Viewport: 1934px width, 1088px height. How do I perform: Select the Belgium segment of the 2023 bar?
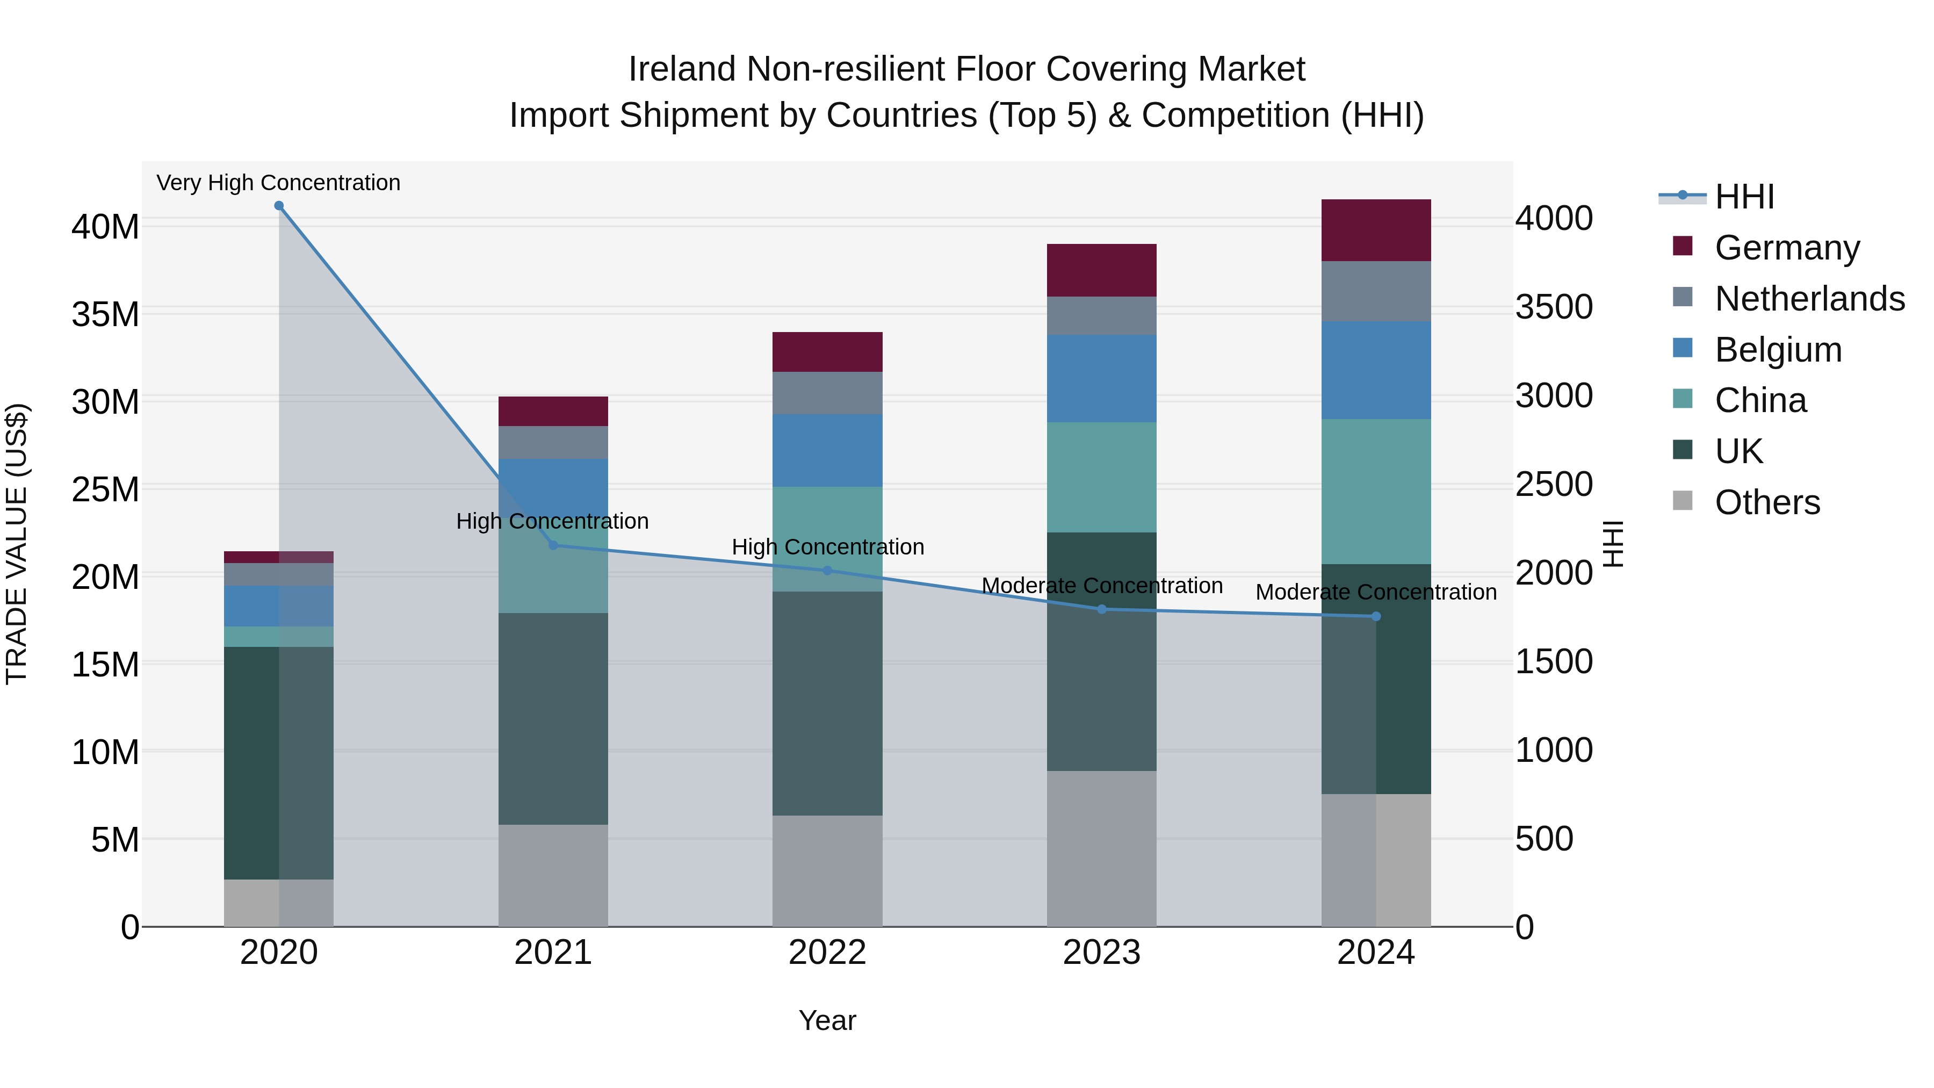(x=1101, y=378)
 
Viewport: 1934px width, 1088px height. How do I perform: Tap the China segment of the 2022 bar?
(x=827, y=518)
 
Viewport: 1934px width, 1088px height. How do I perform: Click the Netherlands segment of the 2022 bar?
(x=827, y=393)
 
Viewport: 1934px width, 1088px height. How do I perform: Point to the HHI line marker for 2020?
(x=278, y=206)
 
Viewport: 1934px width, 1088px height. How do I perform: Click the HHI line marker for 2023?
(x=1101, y=609)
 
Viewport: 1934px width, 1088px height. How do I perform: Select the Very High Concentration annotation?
(x=278, y=183)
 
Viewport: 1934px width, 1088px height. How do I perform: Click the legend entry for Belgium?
(x=1778, y=350)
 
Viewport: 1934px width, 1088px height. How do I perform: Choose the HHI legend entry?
(x=1744, y=197)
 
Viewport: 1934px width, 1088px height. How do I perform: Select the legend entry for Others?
(x=1766, y=502)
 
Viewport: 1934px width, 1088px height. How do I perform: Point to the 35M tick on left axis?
(x=105, y=314)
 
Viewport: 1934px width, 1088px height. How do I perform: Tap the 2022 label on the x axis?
(x=827, y=953)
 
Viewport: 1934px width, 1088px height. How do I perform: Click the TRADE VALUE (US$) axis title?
(x=17, y=544)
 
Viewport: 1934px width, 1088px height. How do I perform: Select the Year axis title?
(x=827, y=1020)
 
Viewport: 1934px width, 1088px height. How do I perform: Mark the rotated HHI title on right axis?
(x=1612, y=544)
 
